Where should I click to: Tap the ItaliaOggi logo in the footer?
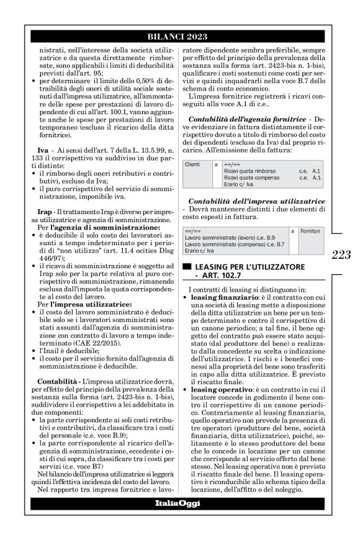pos(178,503)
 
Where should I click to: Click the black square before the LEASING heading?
pos(185,266)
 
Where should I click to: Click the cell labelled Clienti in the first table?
pos(194,164)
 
